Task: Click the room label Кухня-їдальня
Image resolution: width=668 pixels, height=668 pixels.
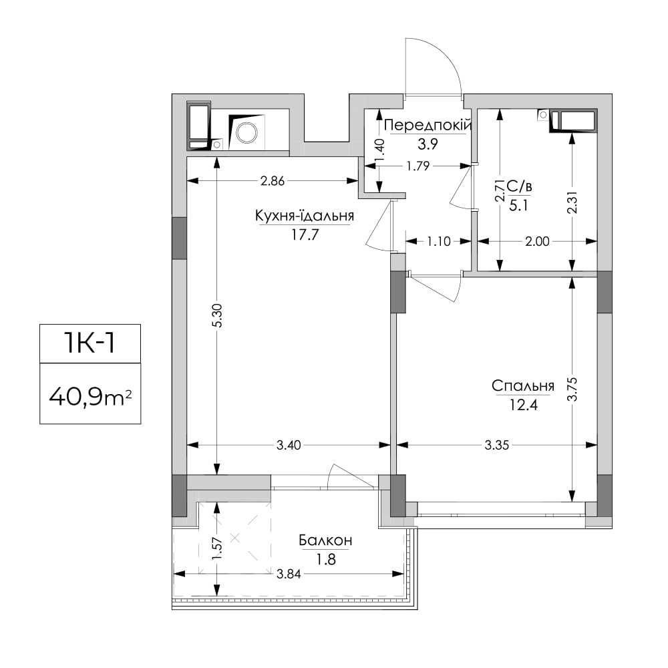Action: (x=305, y=216)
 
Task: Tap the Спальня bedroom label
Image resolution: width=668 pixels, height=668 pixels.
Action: (x=523, y=386)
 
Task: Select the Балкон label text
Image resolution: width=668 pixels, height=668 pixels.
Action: (x=325, y=540)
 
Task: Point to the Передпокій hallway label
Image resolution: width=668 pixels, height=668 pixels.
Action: (x=428, y=126)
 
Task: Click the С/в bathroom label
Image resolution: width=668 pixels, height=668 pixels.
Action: (x=519, y=186)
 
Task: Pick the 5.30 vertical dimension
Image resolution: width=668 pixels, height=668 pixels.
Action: (x=218, y=316)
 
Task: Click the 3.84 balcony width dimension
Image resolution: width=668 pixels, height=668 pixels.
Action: (x=289, y=574)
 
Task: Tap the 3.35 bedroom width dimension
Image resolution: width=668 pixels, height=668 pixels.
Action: (x=497, y=445)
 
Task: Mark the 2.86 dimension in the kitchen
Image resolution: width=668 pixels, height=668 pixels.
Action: (x=273, y=181)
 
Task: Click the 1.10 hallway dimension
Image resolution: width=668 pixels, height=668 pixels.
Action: (x=439, y=242)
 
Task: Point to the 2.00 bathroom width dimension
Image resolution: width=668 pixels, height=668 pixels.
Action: (x=537, y=242)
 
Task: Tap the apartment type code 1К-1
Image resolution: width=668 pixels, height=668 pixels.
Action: (x=90, y=343)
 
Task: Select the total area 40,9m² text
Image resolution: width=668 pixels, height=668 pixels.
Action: (x=90, y=398)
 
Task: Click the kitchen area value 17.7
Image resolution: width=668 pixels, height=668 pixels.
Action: (x=305, y=234)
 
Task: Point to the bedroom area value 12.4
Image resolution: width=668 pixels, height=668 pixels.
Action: (x=524, y=405)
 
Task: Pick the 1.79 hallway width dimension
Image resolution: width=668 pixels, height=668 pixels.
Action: (x=418, y=166)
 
